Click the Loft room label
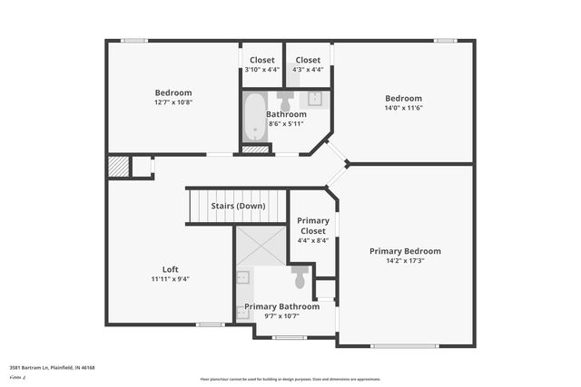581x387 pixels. [x=170, y=269]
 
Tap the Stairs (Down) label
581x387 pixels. [x=238, y=206]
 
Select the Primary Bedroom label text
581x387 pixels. [x=405, y=251]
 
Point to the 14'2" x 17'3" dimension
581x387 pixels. [x=405, y=261]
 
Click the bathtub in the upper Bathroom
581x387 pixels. [x=253, y=116]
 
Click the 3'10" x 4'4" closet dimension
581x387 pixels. [x=261, y=69]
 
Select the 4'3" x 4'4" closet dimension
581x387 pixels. [x=308, y=69]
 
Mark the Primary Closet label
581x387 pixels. [x=314, y=225]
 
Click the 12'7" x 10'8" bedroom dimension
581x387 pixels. [x=172, y=102]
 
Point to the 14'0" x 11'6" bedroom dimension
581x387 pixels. [x=403, y=108]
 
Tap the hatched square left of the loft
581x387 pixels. [x=119, y=166]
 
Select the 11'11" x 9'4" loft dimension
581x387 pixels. [x=170, y=279]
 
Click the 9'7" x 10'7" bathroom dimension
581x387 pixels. [x=282, y=316]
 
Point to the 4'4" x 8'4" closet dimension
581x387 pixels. [x=314, y=241]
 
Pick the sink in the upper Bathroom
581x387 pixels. [x=317, y=98]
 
